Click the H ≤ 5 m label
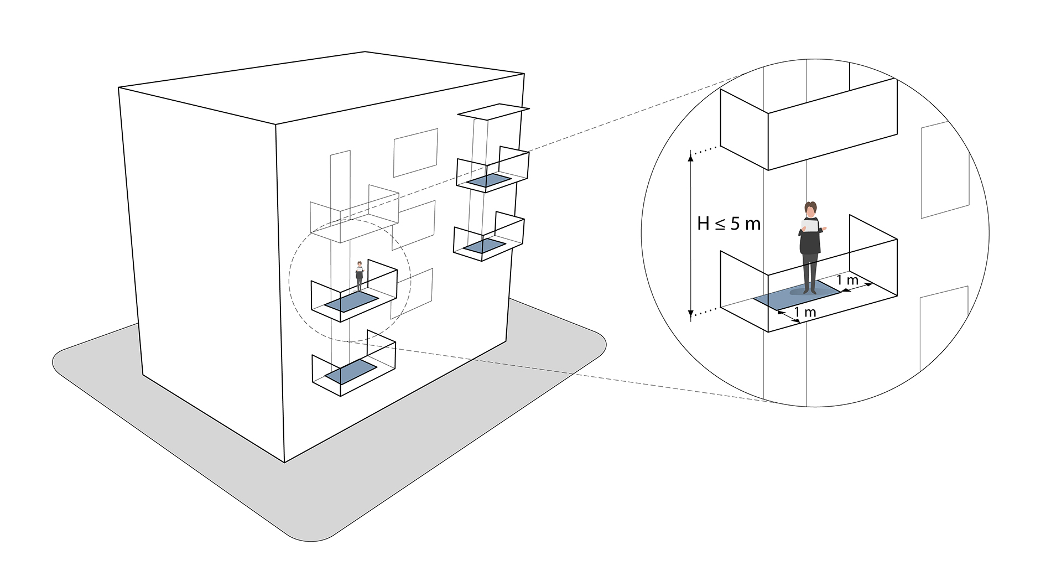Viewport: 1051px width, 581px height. pyautogui.click(x=729, y=224)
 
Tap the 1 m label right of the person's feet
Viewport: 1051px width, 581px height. pyautogui.click(x=847, y=280)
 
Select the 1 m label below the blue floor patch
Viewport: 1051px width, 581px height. pyautogui.click(x=805, y=313)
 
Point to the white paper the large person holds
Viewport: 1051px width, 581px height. pyautogui.click(x=810, y=225)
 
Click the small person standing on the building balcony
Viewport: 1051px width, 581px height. pyautogui.click(x=359, y=276)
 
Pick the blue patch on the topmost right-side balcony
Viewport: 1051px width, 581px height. pyautogui.click(x=488, y=180)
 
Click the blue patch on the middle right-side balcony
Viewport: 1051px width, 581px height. pyautogui.click(x=485, y=246)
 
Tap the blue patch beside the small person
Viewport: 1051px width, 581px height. pyautogui.click(x=351, y=303)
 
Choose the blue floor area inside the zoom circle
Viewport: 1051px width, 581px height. pyautogui.click(x=797, y=295)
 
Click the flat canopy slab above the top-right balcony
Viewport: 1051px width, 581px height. pyautogui.click(x=493, y=112)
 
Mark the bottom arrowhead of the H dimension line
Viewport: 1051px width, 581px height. pyautogui.click(x=690, y=315)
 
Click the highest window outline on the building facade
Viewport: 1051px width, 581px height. pyautogui.click(x=415, y=153)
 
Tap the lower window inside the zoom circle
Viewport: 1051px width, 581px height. pyautogui.click(x=944, y=329)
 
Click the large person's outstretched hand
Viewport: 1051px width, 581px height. pyautogui.click(x=824, y=228)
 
